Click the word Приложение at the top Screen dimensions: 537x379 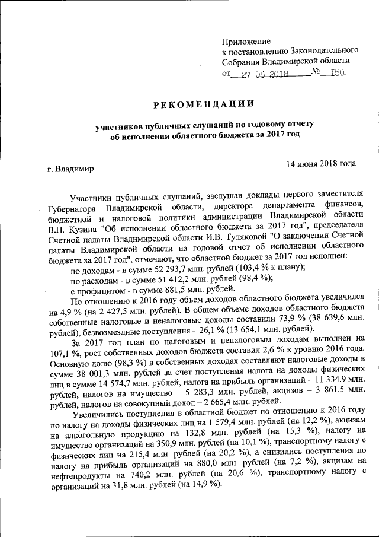246,41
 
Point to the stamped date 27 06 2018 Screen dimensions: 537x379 264,74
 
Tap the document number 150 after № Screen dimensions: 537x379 336,74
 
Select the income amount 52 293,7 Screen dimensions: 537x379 154,268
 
